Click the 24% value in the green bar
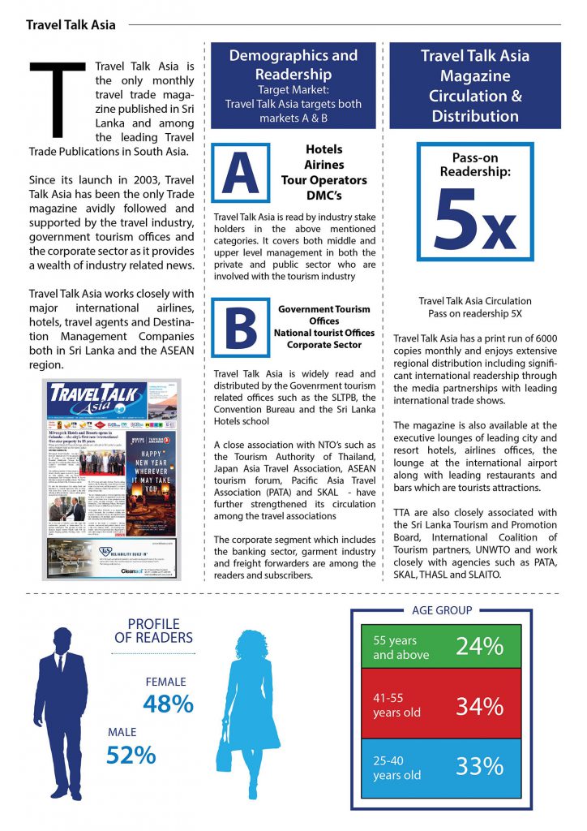tap(479, 647)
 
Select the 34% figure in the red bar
tap(479, 706)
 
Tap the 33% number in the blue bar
tap(479, 766)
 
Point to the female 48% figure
tap(168, 703)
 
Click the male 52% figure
tap(131, 755)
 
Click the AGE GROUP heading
tap(442, 610)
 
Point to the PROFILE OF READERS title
tap(153, 631)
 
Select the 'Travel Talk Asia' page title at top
tap(71, 25)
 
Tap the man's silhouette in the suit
tap(62, 714)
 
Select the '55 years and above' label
tap(401, 648)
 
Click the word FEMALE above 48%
tap(165, 682)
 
